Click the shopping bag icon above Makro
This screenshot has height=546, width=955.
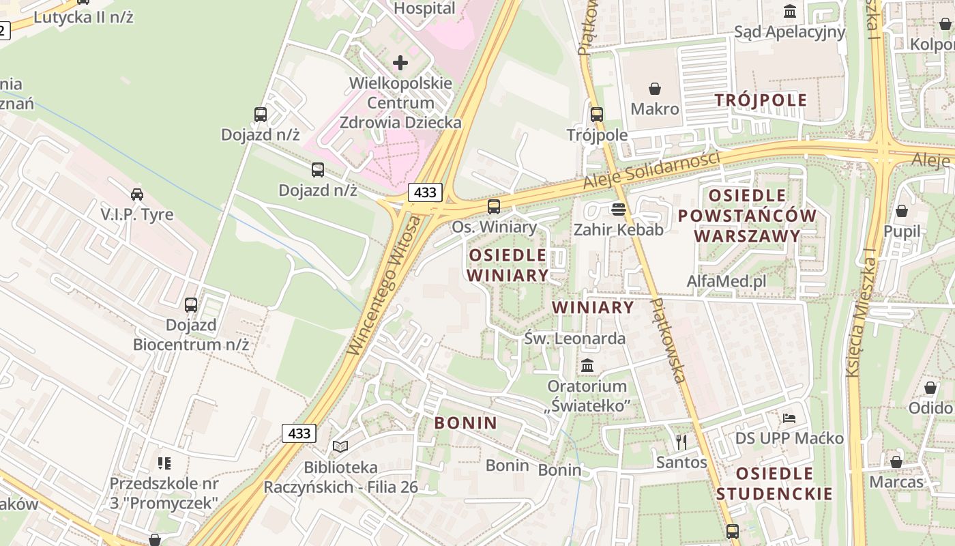tap(655, 89)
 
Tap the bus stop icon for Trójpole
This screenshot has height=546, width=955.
tap(597, 115)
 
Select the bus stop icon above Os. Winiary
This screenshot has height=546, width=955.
tap(493, 206)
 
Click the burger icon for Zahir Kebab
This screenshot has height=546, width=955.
tap(619, 209)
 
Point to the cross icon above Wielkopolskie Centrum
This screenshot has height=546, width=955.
tap(400, 63)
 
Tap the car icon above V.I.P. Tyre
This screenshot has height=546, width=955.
tap(137, 195)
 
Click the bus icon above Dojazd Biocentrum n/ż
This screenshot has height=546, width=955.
tap(191, 305)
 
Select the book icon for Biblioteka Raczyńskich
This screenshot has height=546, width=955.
tap(340, 446)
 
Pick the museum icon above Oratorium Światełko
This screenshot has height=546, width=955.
tap(587, 365)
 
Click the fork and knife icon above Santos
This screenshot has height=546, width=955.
tap(681, 442)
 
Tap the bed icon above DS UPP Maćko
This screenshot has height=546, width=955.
tap(789, 418)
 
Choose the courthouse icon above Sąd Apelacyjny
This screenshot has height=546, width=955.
tap(790, 12)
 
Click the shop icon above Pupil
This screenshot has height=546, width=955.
tap(902, 211)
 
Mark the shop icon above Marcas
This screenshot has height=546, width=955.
tap(896, 462)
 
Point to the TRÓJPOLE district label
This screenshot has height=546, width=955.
tap(761, 100)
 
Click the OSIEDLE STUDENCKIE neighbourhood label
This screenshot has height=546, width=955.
tap(774, 483)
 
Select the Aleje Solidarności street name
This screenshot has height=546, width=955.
tap(651, 171)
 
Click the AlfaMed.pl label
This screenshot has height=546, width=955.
tap(726, 281)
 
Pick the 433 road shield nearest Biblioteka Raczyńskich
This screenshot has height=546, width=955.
tap(299, 433)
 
